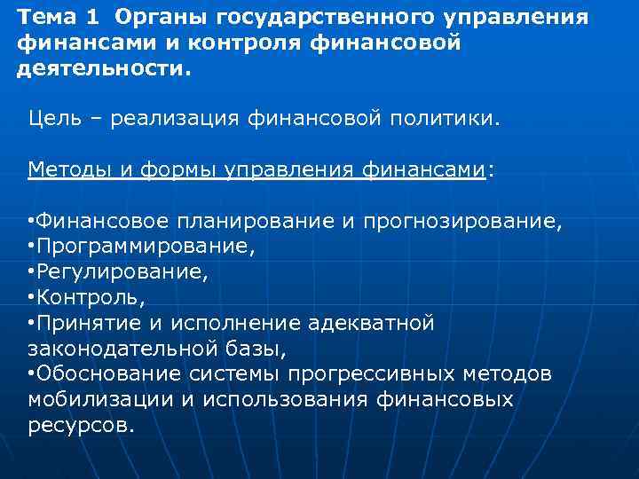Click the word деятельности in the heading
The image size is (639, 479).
[101, 69]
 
